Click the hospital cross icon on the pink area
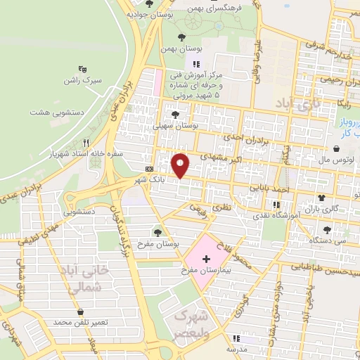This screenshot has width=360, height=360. click(205, 259)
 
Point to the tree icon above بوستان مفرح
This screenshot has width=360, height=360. click(157, 231)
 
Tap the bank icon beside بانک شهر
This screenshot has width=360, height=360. click(149, 169)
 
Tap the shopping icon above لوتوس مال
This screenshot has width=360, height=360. click(338, 149)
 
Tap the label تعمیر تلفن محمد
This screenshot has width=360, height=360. click(82, 321)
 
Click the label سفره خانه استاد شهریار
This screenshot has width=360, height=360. click(86, 151)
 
